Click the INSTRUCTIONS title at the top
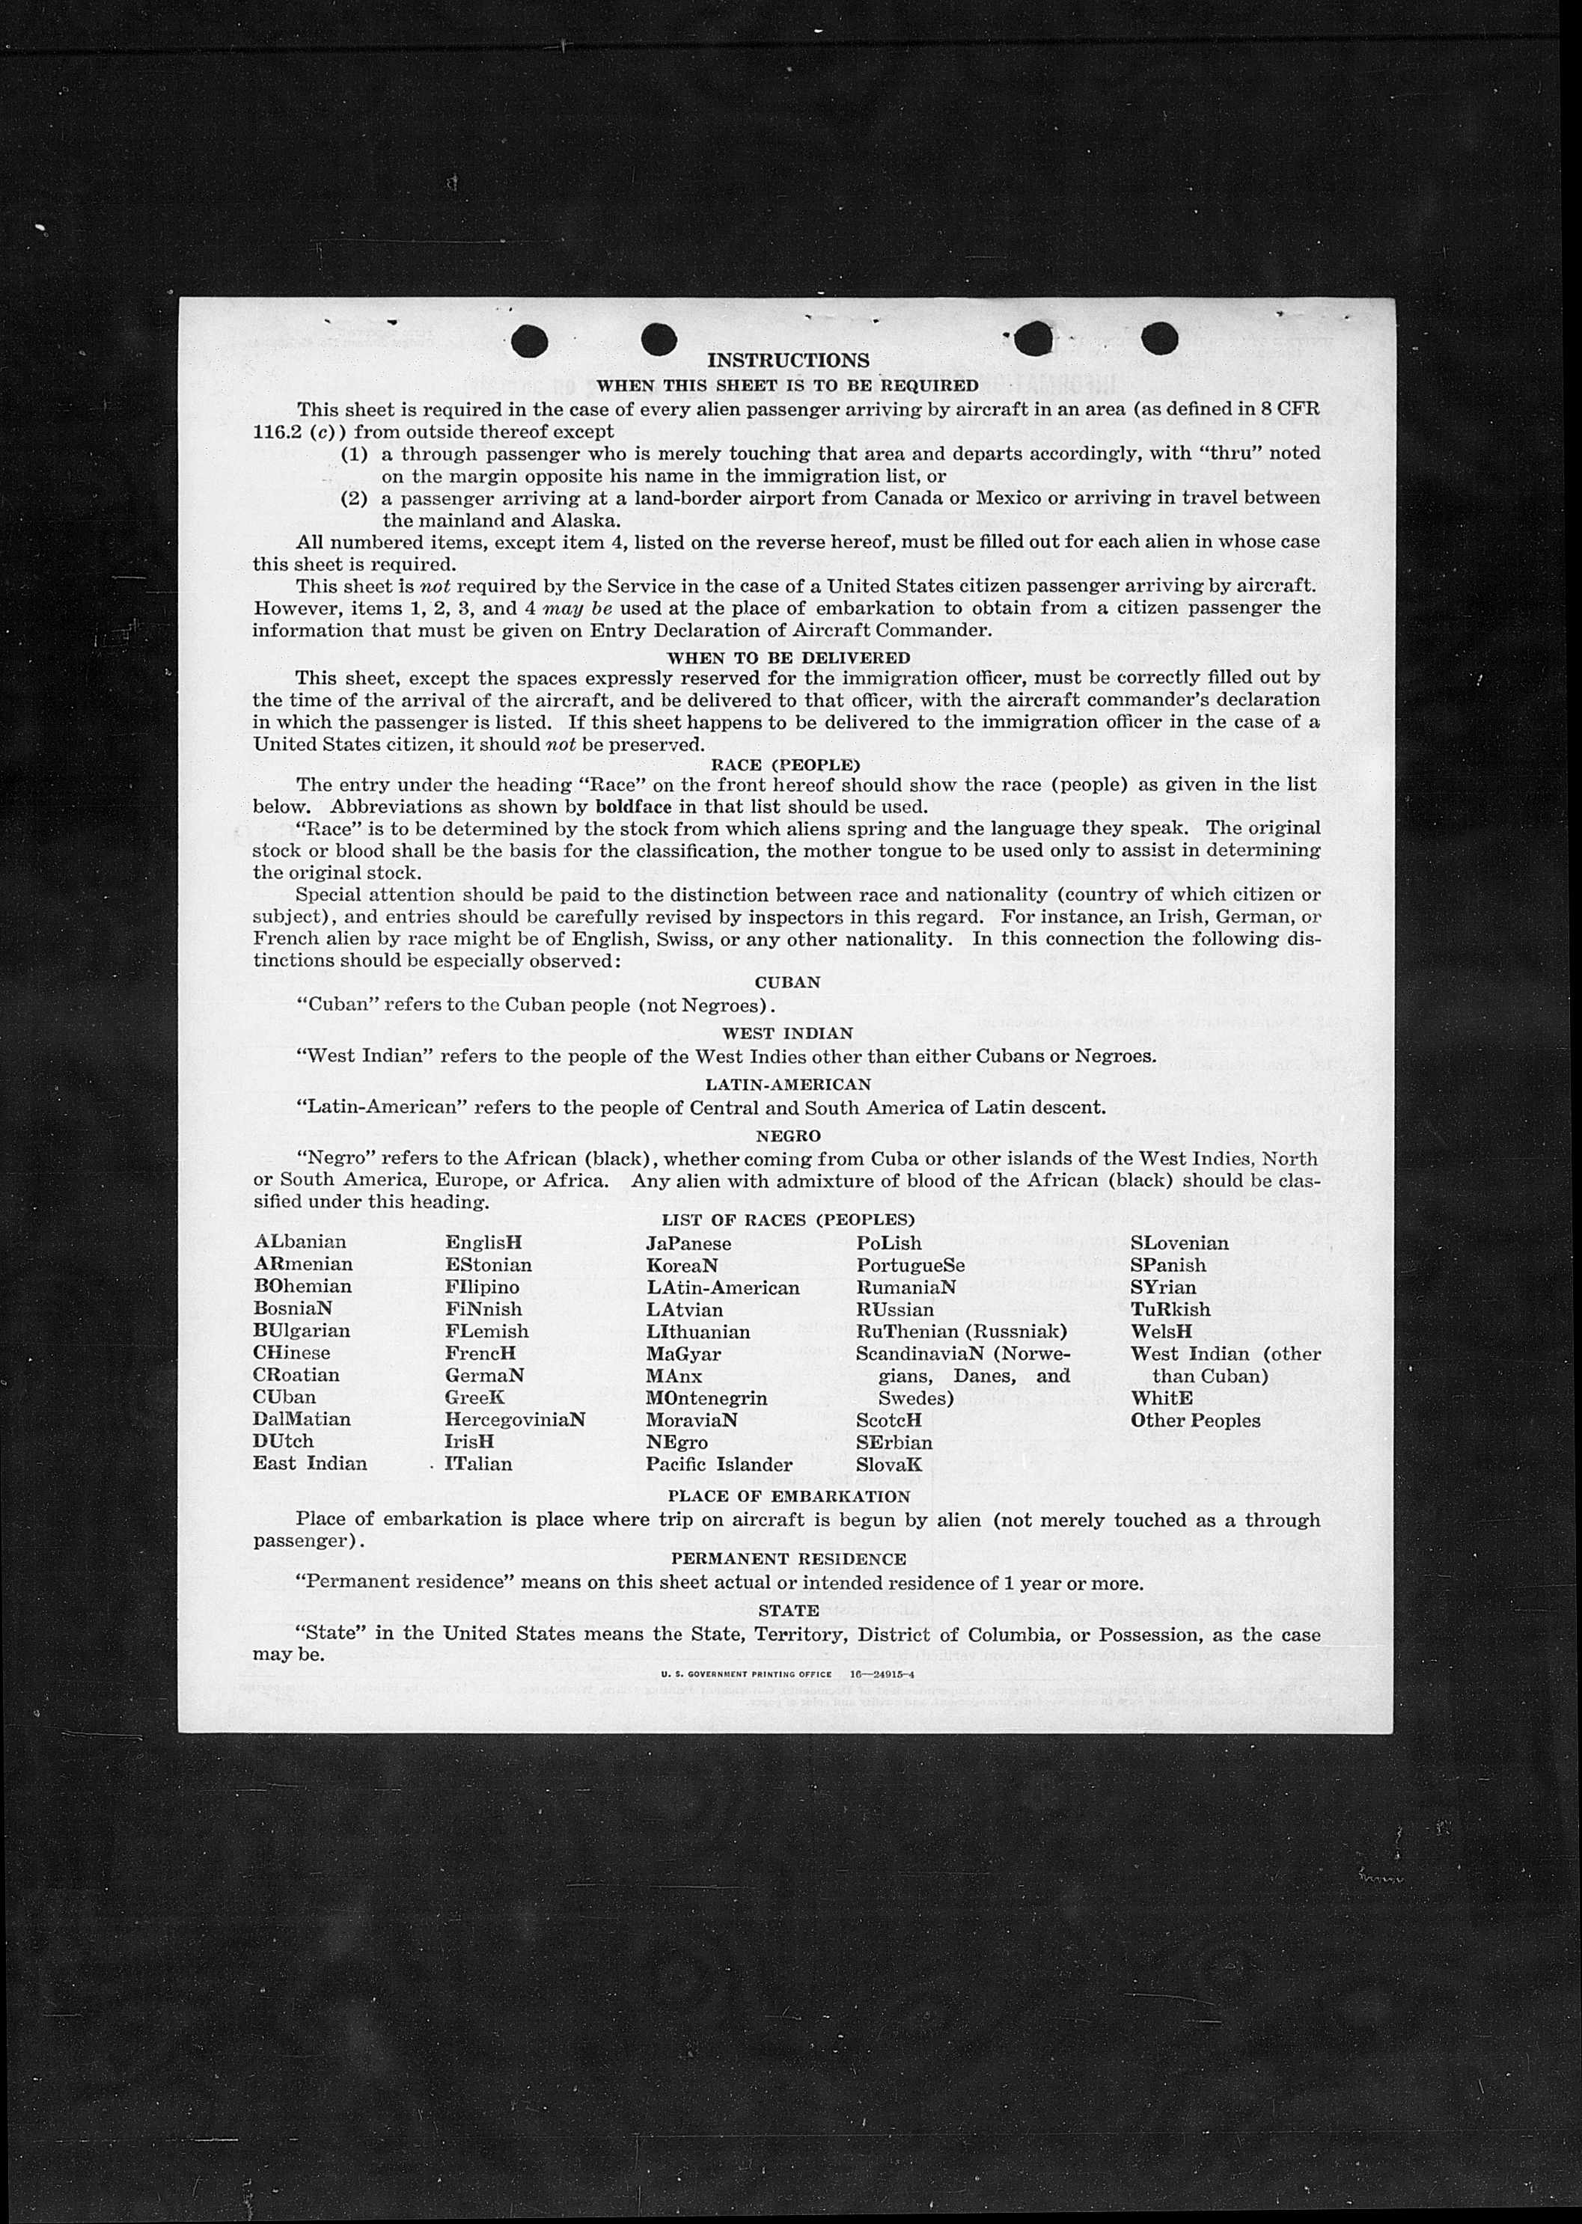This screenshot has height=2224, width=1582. pyautogui.click(x=787, y=361)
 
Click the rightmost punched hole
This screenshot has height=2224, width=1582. pyautogui.click(x=1159, y=338)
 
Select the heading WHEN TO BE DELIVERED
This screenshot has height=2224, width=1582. pyautogui.click(x=788, y=658)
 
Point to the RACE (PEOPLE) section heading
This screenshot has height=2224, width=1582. pyautogui.click(x=786, y=765)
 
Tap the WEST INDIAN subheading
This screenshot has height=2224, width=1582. pyautogui.click(x=787, y=1033)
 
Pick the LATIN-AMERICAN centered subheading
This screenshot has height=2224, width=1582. pyautogui.click(x=787, y=1084)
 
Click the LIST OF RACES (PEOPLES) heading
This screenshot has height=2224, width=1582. pyautogui.click(x=787, y=1219)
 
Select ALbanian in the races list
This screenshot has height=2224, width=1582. pyautogui.click(x=299, y=1242)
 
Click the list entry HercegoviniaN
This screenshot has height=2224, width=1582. pyautogui.click(x=514, y=1419)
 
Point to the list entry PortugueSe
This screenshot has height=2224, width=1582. pyautogui.click(x=910, y=1265)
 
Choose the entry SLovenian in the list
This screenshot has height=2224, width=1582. pyautogui.click(x=1179, y=1243)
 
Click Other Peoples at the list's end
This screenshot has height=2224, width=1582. pyautogui.click(x=1194, y=1420)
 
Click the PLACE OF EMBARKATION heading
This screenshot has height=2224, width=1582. pyautogui.click(x=788, y=1495)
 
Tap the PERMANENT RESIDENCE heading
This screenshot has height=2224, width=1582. pyautogui.click(x=788, y=1559)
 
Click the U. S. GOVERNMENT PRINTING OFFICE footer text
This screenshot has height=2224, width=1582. pyautogui.click(x=745, y=1674)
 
